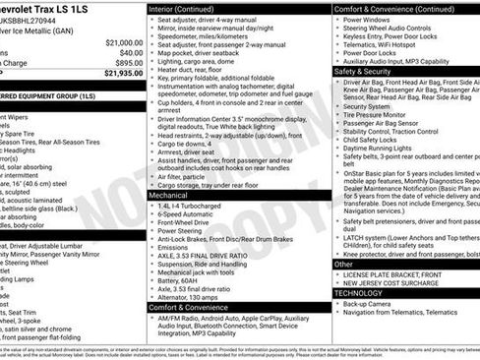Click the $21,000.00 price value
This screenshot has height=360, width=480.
123,43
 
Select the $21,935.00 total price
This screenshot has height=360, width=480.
123,74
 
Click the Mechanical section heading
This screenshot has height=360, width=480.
171,195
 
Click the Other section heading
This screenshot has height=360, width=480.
343,264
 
